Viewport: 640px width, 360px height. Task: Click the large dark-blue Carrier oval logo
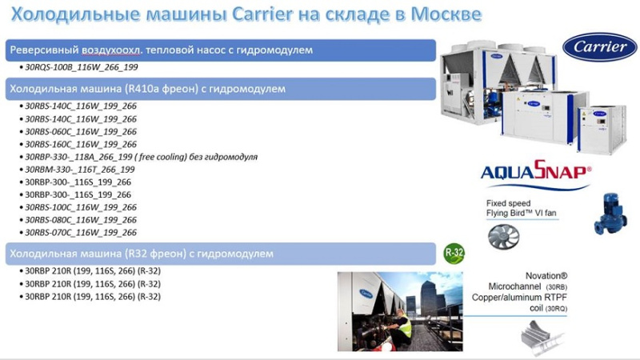pos(599,47)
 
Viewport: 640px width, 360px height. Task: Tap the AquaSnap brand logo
pos(536,174)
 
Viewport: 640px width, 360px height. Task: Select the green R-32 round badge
pos(454,253)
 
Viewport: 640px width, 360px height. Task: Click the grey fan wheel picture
pos(504,236)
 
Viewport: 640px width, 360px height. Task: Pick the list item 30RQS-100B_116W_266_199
pos(82,67)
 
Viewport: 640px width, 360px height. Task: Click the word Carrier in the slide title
pos(262,14)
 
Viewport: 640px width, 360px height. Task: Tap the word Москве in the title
pos(446,14)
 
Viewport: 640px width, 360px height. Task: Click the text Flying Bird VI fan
pos(522,213)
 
